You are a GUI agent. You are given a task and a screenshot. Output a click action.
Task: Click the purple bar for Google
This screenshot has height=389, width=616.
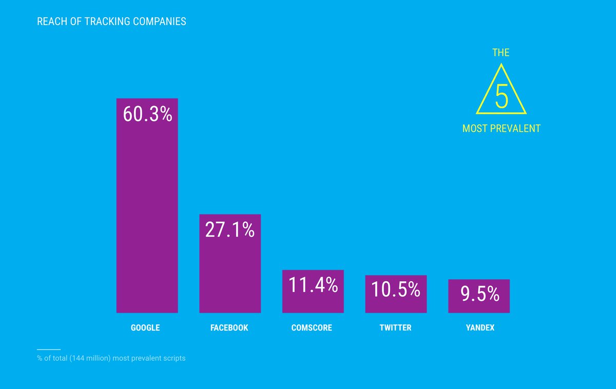[147, 216]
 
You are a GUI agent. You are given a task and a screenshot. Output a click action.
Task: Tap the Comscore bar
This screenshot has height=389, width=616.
[313, 303]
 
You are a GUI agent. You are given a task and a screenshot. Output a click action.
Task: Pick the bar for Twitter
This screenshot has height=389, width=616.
[396, 305]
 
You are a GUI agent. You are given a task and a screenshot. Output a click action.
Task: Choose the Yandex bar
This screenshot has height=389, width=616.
[478, 306]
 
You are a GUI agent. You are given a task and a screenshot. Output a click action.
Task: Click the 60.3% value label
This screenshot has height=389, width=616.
[147, 114]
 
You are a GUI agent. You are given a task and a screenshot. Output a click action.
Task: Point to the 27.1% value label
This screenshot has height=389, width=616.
[230, 230]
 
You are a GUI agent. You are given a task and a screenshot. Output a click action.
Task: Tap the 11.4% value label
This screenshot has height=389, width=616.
[313, 285]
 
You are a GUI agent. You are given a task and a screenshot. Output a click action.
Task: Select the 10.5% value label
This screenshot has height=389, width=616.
[396, 290]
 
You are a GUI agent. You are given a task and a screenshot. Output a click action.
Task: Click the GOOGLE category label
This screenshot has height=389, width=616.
[145, 327]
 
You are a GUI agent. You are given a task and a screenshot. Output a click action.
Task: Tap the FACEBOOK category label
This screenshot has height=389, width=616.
[229, 327]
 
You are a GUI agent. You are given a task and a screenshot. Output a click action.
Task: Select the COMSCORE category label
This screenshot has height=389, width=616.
[312, 327]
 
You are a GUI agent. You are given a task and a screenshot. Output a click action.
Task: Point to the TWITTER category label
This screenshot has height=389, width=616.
[395, 327]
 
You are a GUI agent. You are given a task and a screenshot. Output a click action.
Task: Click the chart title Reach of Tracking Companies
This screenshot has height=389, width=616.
[111, 22]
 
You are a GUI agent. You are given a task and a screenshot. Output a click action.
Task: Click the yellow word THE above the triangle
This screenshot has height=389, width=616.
[501, 52]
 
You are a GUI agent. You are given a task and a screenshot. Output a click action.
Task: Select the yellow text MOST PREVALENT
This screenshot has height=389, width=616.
[501, 128]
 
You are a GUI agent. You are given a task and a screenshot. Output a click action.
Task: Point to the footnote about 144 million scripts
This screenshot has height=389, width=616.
[111, 358]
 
